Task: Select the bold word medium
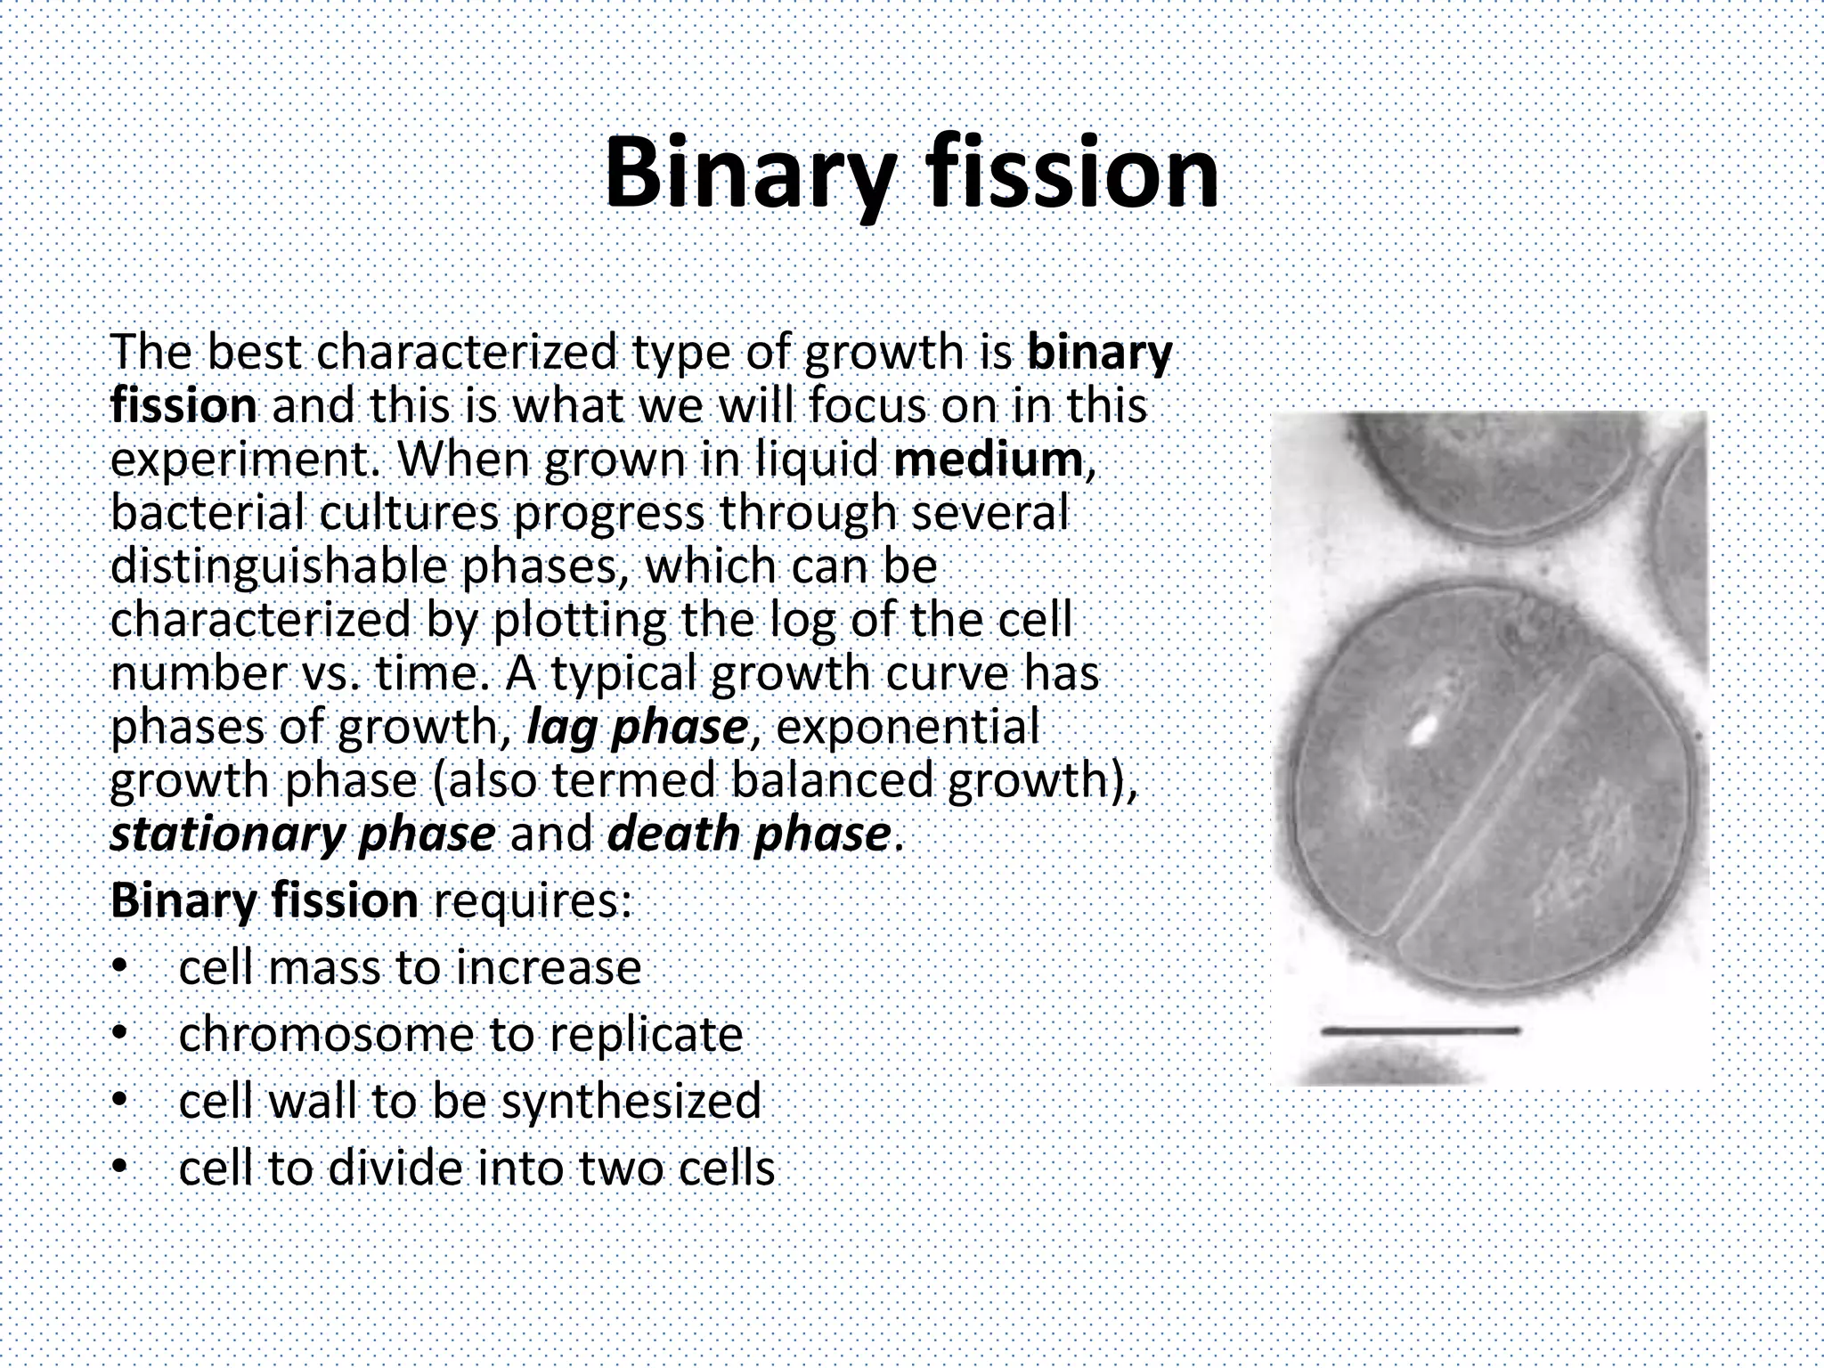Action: (988, 460)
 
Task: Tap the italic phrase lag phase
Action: (637, 728)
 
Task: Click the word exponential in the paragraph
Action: (908, 728)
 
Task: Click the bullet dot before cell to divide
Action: (120, 1168)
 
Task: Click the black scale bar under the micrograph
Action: (1420, 1031)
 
